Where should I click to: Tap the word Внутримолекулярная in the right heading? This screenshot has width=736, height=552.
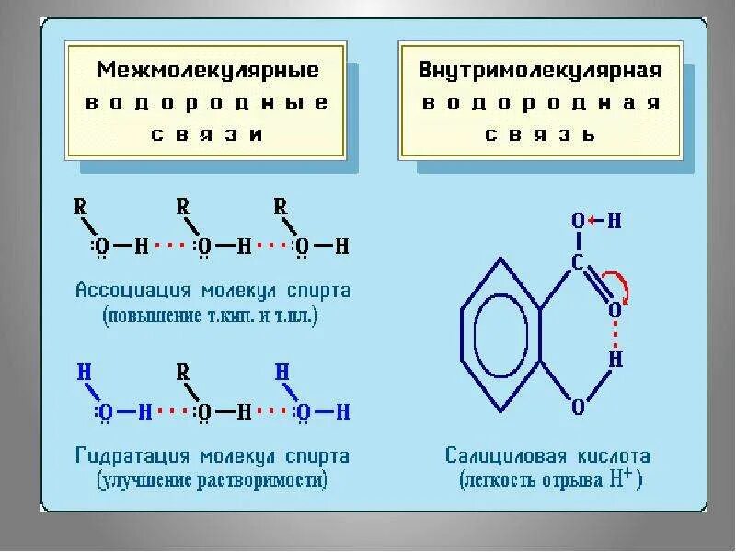[x=541, y=71]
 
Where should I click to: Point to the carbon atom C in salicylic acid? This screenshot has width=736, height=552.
[x=578, y=264]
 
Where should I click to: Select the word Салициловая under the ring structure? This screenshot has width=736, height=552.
[x=498, y=456]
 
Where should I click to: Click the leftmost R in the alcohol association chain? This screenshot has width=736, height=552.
[x=80, y=207]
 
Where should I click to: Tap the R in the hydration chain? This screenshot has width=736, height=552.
[x=182, y=372]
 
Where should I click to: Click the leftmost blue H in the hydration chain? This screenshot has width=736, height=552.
[x=84, y=373]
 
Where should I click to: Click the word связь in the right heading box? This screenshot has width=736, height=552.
[x=541, y=133]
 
